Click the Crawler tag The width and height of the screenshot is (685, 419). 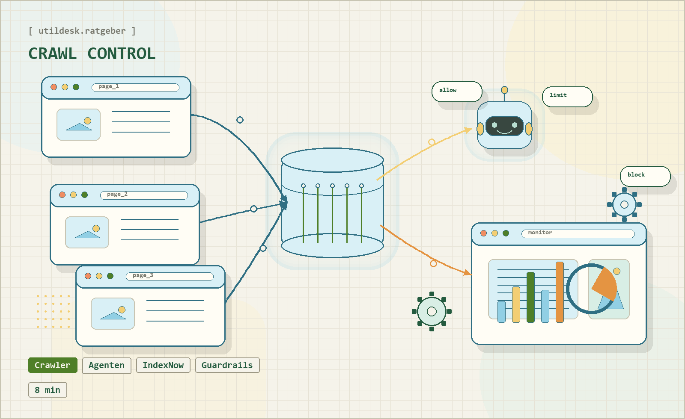click(x=53, y=365)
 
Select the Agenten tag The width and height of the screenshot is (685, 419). click(x=107, y=366)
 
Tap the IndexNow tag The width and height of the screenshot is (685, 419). click(x=163, y=366)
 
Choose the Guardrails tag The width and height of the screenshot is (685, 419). click(x=227, y=366)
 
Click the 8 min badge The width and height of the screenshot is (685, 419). click(x=48, y=390)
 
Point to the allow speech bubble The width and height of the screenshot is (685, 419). click(x=457, y=91)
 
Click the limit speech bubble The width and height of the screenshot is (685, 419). click(x=567, y=97)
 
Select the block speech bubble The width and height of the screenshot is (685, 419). click(x=645, y=176)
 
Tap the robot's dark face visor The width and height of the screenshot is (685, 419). click(x=504, y=126)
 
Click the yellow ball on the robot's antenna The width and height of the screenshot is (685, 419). click(x=504, y=90)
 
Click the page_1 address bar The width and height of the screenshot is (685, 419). click(x=135, y=87)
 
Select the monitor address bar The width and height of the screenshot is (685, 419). click(x=578, y=233)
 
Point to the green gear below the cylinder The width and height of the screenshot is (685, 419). click(x=432, y=311)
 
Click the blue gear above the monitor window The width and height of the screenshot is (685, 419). click(x=624, y=204)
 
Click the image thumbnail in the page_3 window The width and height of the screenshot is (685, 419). click(x=113, y=313)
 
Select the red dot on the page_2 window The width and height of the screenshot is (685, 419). click(x=63, y=195)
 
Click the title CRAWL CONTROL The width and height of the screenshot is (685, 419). click(x=92, y=54)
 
